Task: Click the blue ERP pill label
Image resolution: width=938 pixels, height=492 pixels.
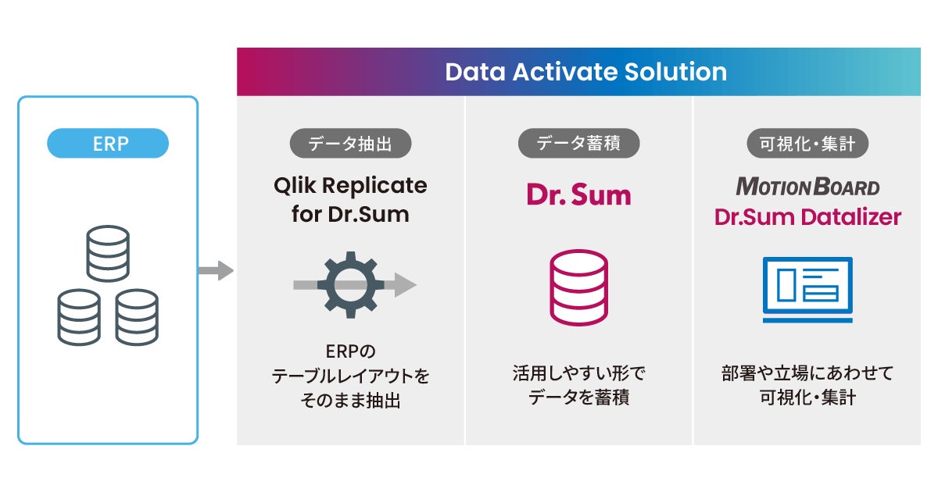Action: (x=108, y=143)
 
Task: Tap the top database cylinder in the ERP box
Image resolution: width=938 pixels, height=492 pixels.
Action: (x=108, y=253)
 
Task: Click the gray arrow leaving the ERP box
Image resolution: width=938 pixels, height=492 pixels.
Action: (x=215, y=272)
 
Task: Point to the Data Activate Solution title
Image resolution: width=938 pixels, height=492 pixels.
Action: (x=585, y=73)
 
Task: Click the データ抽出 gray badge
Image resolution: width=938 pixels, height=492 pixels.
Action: (x=350, y=143)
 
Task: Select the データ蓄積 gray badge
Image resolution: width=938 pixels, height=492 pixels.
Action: (x=578, y=143)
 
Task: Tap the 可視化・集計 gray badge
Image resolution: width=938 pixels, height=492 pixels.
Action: (x=807, y=143)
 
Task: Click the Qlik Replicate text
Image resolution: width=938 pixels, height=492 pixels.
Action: (x=350, y=186)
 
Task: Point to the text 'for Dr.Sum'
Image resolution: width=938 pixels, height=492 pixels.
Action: (x=350, y=215)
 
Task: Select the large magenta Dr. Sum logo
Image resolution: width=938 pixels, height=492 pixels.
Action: (x=578, y=195)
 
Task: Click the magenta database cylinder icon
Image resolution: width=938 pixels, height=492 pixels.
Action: (x=578, y=287)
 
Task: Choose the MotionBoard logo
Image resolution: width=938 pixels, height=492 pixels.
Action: (x=807, y=187)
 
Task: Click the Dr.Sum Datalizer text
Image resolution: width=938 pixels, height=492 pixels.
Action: (x=807, y=216)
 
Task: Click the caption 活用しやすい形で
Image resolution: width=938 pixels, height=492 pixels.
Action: (x=578, y=373)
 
